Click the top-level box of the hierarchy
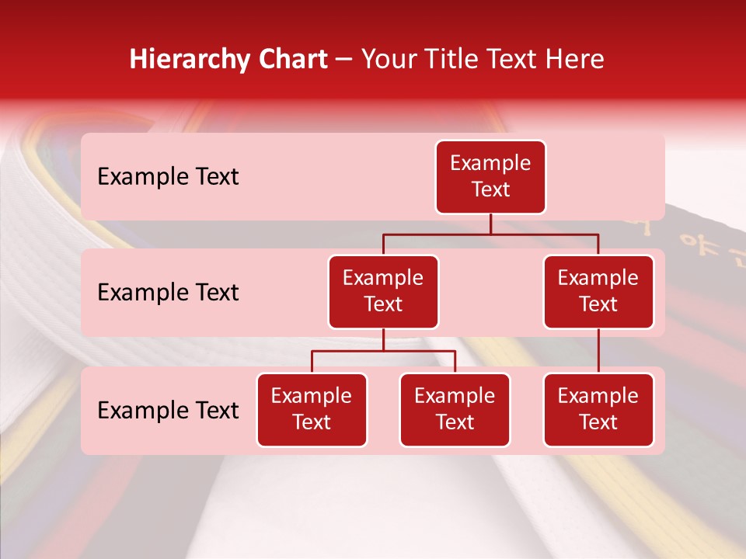(x=490, y=177)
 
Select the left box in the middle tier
(x=383, y=292)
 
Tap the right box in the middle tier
(x=598, y=292)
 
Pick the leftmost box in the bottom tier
(x=312, y=410)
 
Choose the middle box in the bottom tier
(x=455, y=410)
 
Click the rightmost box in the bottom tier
(x=598, y=410)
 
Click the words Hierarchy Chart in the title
(x=228, y=60)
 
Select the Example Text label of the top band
(x=168, y=177)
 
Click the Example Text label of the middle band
(x=168, y=292)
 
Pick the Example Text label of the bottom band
(x=168, y=410)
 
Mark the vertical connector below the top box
(x=490, y=224)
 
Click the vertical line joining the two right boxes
(x=598, y=351)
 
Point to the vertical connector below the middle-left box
(x=383, y=340)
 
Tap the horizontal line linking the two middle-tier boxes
(x=490, y=234)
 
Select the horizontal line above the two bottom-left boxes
(x=383, y=351)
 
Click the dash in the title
(x=344, y=60)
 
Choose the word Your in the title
(x=388, y=60)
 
